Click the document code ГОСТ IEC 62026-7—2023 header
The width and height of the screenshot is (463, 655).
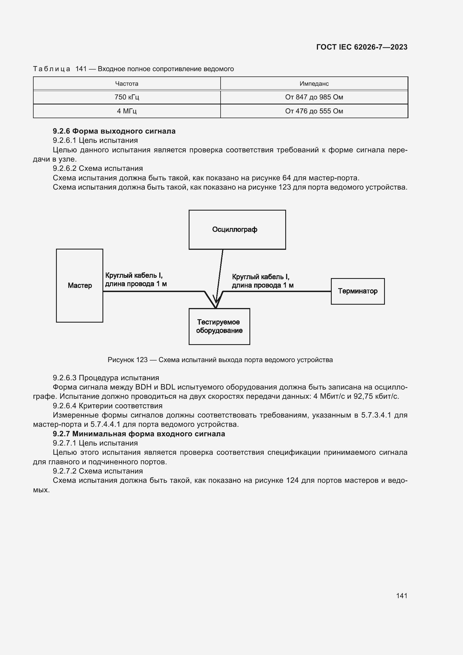tap(361, 47)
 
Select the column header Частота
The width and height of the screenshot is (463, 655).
tap(127, 83)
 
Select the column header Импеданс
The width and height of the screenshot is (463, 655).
tap(314, 83)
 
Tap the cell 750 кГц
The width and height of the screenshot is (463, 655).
tap(127, 97)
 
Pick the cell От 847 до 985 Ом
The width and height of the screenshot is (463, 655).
tap(314, 97)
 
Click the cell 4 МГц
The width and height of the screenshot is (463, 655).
tap(127, 111)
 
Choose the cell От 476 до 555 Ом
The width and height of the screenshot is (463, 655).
tap(314, 111)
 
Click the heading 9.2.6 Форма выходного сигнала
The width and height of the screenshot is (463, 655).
tap(114, 131)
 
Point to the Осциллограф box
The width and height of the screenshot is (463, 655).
tap(237, 230)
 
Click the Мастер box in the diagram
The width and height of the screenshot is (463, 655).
tap(79, 286)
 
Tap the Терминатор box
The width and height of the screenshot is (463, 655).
tap(357, 291)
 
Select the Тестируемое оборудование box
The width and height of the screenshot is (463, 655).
tap(219, 326)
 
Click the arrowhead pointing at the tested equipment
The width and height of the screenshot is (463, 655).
tap(216, 301)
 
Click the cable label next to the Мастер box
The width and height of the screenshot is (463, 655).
tap(136, 279)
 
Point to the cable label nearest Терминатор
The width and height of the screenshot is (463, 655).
tap(262, 281)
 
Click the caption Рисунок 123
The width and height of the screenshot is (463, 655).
tap(220, 360)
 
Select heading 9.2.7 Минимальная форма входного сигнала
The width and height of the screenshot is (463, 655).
tap(139, 434)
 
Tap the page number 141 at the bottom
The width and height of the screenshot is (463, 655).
tap(401, 596)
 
